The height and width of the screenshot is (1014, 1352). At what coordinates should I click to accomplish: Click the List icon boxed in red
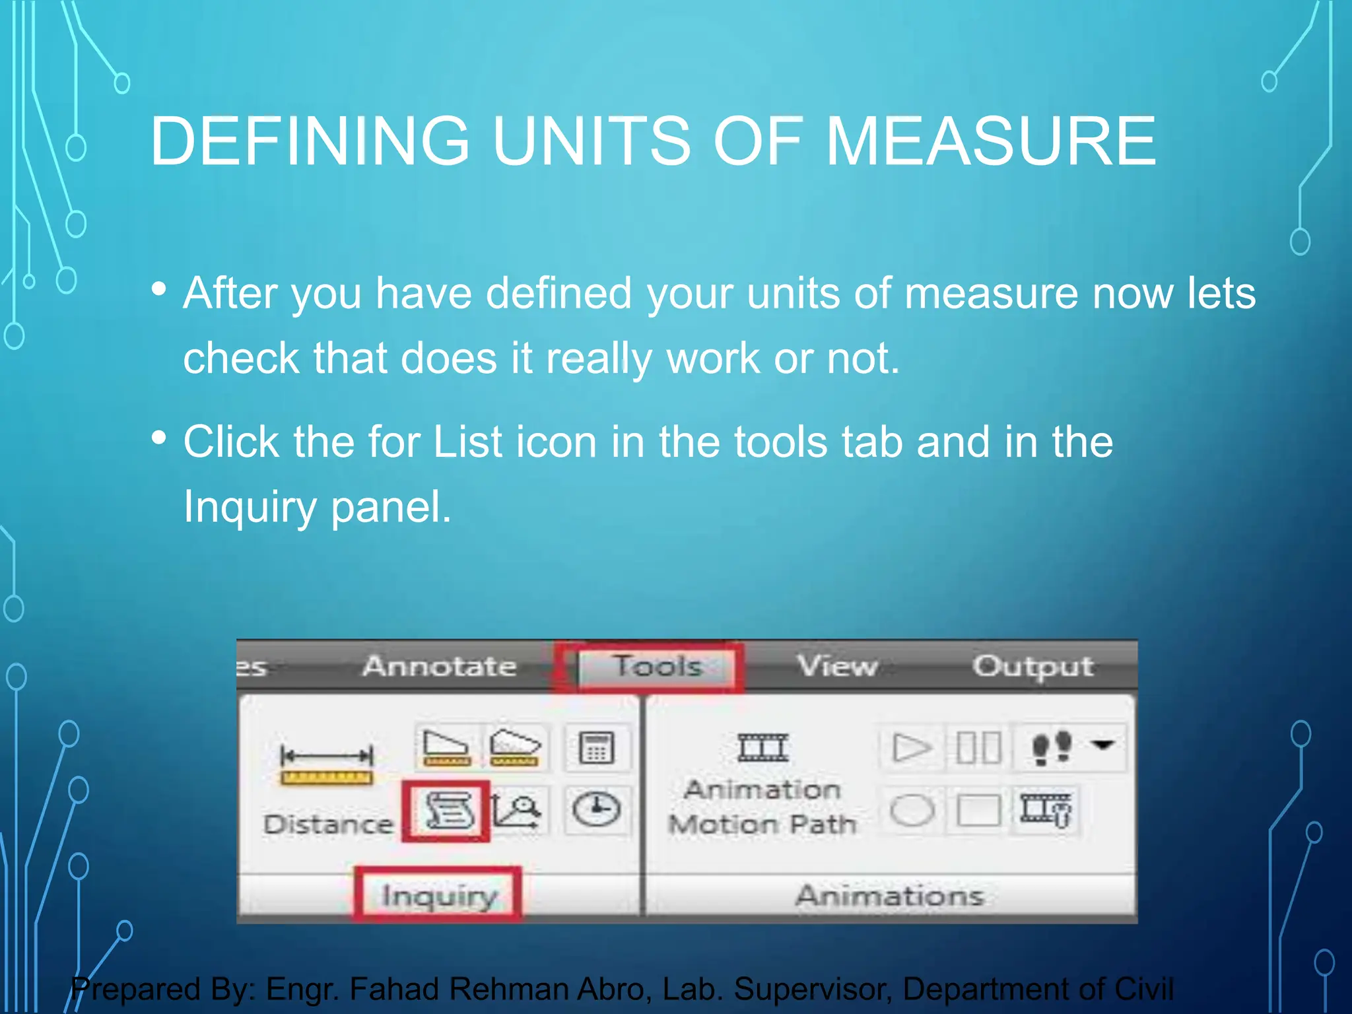point(447,811)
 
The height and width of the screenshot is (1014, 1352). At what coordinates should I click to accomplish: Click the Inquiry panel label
point(439,896)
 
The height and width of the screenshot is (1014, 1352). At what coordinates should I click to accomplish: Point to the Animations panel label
point(889,896)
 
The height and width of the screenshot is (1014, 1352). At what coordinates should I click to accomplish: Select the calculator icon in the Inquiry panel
point(596,748)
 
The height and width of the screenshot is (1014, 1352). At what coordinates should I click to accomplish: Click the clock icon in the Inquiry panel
point(596,810)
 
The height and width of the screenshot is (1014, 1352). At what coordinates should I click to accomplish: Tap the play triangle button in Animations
point(912,748)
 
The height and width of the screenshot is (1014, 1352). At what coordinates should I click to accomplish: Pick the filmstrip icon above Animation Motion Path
point(763,748)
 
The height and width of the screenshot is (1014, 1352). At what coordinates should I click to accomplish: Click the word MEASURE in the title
point(990,141)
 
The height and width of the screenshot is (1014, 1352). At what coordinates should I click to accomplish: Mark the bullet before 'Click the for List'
point(158,438)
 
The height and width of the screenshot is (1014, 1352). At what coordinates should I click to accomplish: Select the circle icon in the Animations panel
point(912,810)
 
